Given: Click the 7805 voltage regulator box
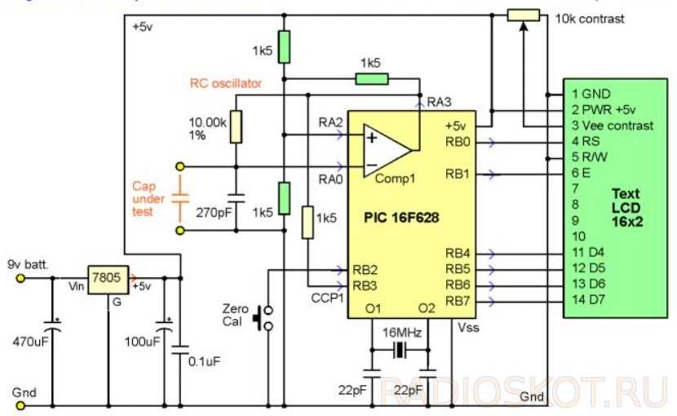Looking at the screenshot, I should pyautogui.click(x=108, y=278).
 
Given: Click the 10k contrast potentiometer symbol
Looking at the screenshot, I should pyautogui.click(x=523, y=15).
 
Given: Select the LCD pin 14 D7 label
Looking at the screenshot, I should pyautogui.click(x=590, y=300).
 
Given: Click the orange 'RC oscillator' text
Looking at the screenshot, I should pyautogui.click(x=226, y=82).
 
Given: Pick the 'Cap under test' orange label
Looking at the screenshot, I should pyautogui.click(x=149, y=199).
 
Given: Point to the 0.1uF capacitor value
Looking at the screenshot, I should pyautogui.click(x=201, y=360).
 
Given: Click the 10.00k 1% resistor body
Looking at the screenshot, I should pyautogui.click(x=236, y=127).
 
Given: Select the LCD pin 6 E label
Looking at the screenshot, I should pyautogui.click(x=581, y=173).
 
